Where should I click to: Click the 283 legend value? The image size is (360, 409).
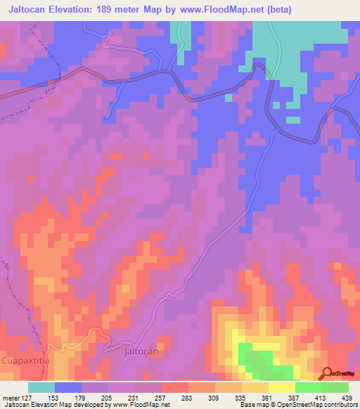187,398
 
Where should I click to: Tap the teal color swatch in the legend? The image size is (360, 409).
41,387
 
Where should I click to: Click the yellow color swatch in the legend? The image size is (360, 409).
281,387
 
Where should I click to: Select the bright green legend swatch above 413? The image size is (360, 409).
308,387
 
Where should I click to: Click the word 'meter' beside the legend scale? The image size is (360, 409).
10,398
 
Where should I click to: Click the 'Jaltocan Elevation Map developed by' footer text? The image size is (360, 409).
53,405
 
